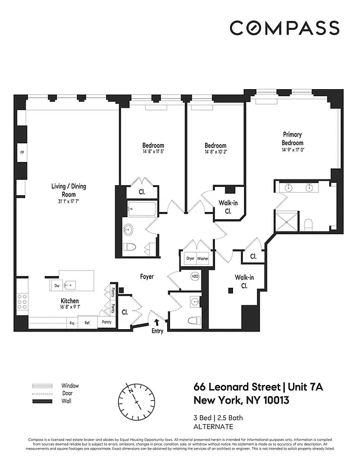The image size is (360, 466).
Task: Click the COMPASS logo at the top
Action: [x=284, y=28]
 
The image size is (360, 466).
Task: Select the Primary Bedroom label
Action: [x=292, y=139]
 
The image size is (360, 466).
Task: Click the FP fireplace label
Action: [x=22, y=153]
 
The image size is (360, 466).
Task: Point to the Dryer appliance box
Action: [x=190, y=258]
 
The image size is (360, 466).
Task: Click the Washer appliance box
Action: [x=203, y=258]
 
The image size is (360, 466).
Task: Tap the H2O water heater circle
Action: [x=195, y=277]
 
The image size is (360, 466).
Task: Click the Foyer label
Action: [x=147, y=277]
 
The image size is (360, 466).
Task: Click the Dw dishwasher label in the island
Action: [x=57, y=286]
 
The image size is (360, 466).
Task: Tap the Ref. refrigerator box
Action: [x=87, y=322]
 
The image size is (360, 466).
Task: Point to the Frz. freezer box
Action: [x=73, y=322]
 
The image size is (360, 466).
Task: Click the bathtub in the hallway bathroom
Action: [x=142, y=209]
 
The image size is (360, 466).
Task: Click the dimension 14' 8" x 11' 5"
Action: [x=153, y=152]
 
